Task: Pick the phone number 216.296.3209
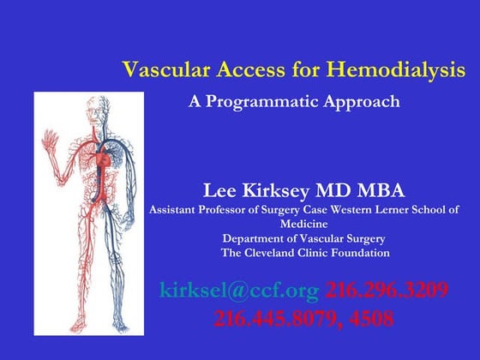click(387, 291)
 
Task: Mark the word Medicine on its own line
click(304, 224)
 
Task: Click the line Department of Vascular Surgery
click(304, 238)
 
